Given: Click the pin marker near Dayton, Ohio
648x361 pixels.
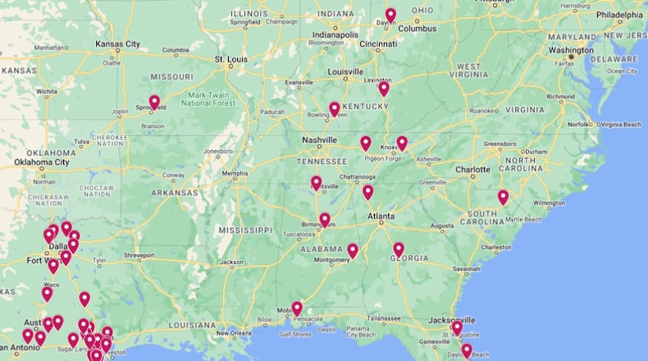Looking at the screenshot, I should coord(390,15).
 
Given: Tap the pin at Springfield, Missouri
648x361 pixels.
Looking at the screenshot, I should coord(154,102).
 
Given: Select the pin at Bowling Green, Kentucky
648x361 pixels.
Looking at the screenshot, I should coord(335,108).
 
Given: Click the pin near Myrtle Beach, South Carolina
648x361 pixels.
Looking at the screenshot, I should coord(503,197).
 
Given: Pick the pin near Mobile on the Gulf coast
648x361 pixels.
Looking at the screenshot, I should coord(297,308).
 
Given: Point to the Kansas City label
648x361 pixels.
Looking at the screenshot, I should coord(117,43).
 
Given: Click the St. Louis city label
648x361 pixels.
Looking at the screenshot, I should coord(230,60).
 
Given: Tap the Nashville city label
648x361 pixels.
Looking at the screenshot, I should coord(319,140).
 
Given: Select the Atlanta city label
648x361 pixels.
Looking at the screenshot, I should coord(380,217).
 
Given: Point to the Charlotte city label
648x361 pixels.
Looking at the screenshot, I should coord(472,170).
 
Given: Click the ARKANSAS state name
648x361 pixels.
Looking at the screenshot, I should coord(175,193).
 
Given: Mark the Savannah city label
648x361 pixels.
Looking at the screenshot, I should coord(464,268).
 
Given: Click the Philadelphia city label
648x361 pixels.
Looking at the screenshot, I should coord(619,15).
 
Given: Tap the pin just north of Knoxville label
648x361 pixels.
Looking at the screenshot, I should coord(402,143).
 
